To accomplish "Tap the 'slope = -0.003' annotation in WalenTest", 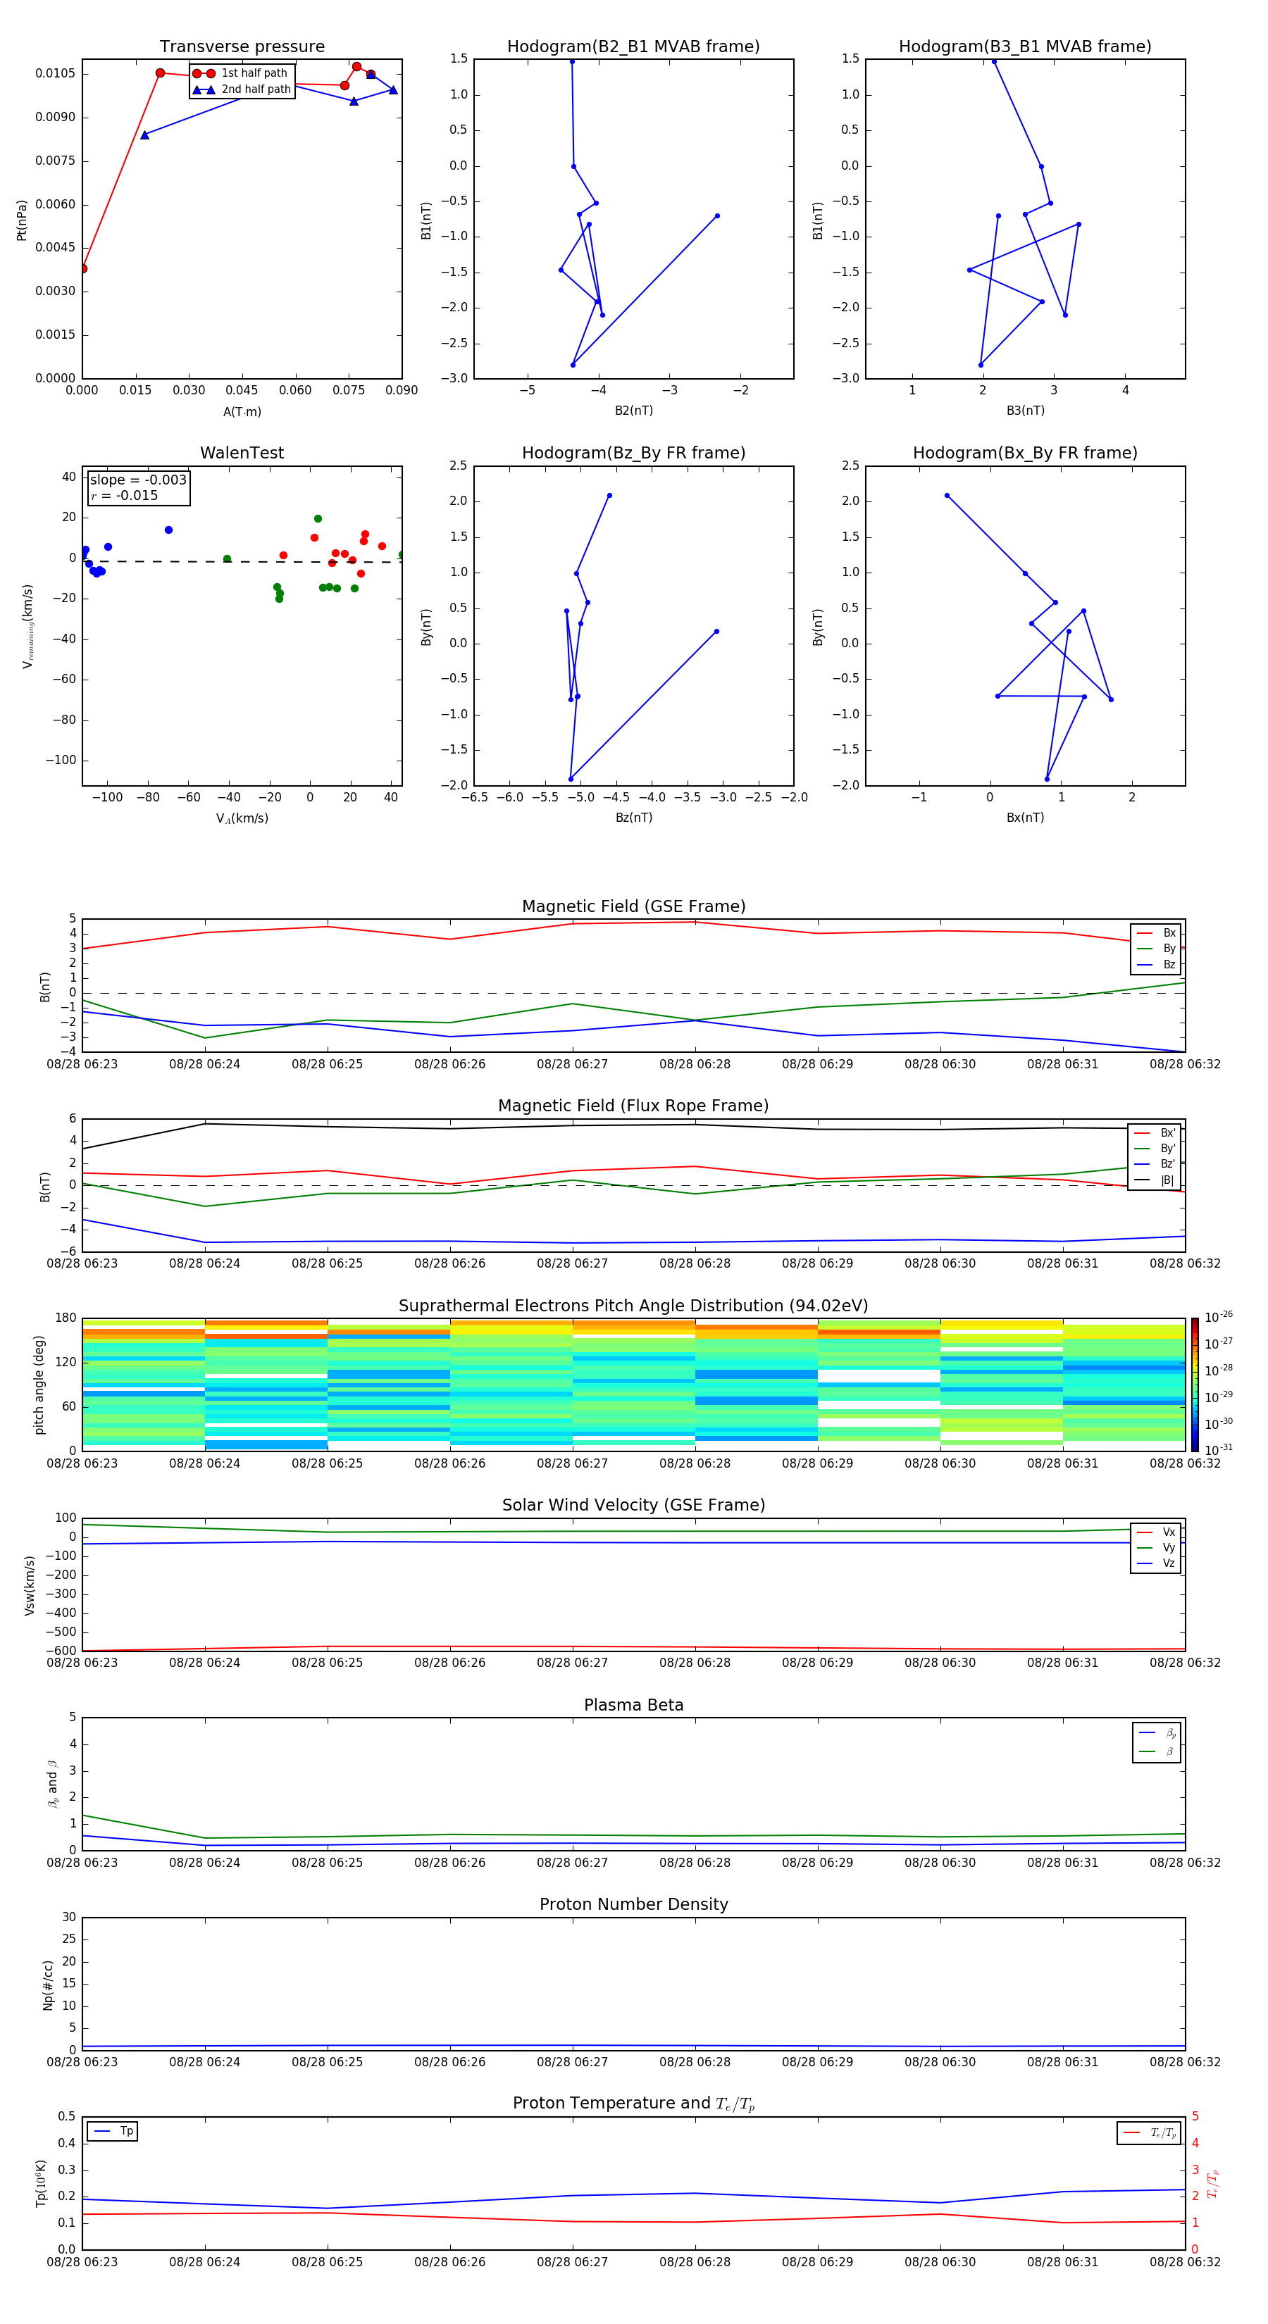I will point(138,480).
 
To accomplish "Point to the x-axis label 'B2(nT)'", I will point(633,411).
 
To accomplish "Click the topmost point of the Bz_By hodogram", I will point(609,495).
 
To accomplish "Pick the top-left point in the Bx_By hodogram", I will point(947,495).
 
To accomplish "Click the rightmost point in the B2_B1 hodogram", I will point(718,215).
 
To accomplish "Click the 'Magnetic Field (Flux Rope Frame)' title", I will point(633,1106).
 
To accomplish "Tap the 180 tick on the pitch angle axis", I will point(66,1318).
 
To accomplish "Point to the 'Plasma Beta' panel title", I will point(633,1705).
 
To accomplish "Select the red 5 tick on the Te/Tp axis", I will point(1196,2116).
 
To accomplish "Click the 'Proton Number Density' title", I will point(633,1904).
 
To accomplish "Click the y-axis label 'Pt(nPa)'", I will point(22,219).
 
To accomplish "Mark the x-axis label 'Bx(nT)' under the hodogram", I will point(1024,818).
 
